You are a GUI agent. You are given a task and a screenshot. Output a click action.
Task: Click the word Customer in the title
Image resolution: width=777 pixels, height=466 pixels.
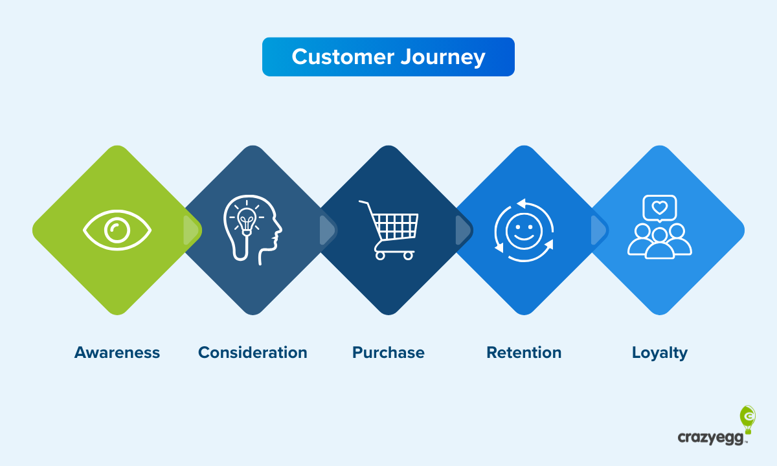click(x=341, y=57)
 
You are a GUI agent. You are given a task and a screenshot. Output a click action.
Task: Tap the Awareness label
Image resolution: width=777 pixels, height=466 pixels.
click(x=117, y=353)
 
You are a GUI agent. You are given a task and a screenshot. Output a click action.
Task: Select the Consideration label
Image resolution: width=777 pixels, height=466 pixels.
click(x=253, y=353)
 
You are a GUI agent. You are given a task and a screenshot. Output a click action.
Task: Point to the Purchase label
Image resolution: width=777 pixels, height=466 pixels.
click(x=388, y=353)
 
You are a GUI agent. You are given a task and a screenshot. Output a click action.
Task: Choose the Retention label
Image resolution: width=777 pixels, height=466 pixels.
click(x=524, y=353)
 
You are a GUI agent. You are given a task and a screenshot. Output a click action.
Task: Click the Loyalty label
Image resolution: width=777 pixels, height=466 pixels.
click(x=660, y=353)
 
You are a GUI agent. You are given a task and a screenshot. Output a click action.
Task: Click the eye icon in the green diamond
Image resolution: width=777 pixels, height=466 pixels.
click(x=117, y=230)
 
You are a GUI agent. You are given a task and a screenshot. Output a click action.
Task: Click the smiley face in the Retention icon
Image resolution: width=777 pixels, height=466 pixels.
click(x=523, y=230)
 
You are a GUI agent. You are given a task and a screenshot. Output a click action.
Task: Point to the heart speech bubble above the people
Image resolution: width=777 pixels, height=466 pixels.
click(x=659, y=208)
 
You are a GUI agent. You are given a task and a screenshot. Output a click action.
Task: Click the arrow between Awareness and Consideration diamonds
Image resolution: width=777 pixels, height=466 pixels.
click(x=191, y=230)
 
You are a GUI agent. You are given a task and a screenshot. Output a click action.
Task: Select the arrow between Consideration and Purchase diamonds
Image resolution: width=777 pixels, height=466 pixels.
click(x=327, y=230)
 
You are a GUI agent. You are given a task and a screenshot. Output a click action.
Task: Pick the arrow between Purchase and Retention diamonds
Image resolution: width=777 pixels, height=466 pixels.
click(x=463, y=230)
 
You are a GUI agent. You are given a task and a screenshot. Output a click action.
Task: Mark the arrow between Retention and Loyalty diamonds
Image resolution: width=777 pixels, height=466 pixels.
click(x=598, y=230)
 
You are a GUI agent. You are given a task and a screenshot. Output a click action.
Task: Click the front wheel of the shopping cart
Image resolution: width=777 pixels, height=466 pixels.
click(x=408, y=256)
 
